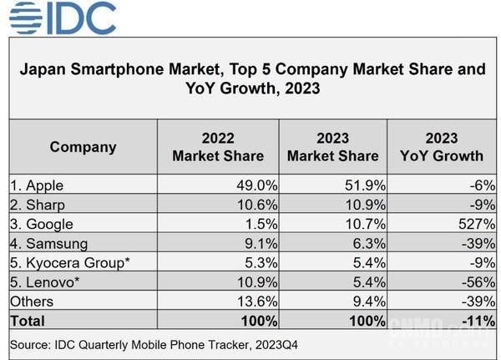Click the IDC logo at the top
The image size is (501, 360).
click(x=63, y=18)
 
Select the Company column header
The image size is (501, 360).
click(x=83, y=147)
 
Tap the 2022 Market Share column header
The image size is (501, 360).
click(x=218, y=147)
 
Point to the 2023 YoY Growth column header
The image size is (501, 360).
click(x=442, y=147)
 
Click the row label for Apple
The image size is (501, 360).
click(x=38, y=185)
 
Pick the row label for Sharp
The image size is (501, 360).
click(x=38, y=205)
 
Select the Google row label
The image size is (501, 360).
click(x=42, y=224)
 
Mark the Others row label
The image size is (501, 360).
click(x=33, y=301)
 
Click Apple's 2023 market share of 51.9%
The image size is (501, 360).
click(x=362, y=185)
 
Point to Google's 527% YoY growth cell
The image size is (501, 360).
click(x=478, y=224)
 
